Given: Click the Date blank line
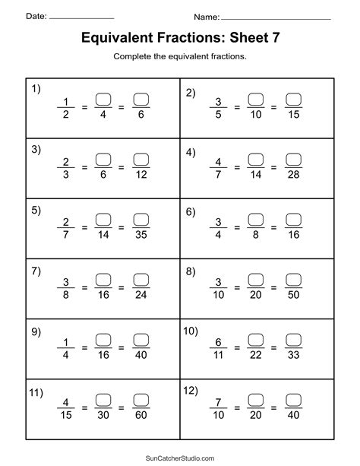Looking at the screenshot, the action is click(81, 17).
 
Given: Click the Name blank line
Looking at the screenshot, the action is click(275, 17).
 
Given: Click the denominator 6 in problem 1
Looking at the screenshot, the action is click(141, 116).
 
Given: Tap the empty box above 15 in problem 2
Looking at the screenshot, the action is click(294, 98).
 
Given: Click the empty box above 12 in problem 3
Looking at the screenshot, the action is click(141, 158).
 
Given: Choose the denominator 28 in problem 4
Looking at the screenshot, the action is click(294, 176).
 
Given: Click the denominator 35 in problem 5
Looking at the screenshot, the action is click(141, 236).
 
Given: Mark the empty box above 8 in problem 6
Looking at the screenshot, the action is click(256, 219).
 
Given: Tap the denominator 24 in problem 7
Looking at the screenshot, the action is click(141, 296).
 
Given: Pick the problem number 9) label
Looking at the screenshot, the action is click(35, 331).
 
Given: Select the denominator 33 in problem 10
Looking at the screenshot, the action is click(294, 357).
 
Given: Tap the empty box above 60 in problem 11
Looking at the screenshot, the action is click(141, 400).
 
